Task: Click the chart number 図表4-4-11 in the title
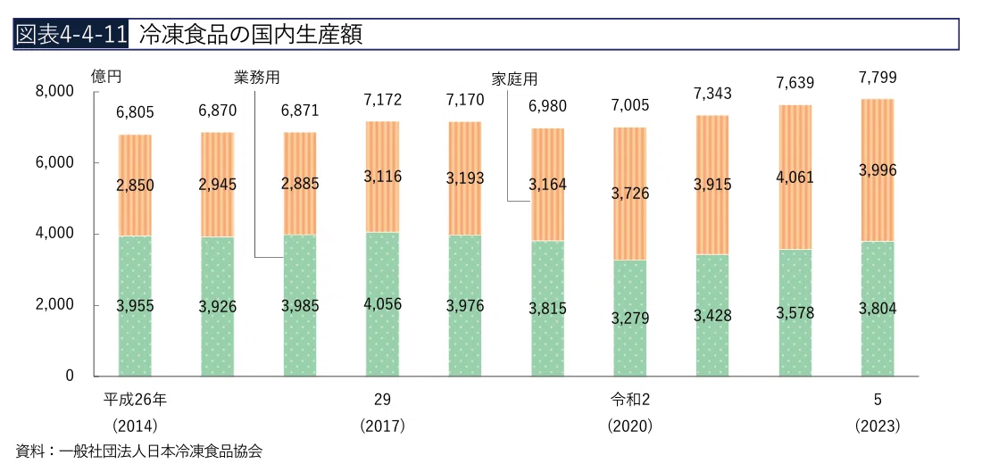pyautogui.click(x=71, y=35)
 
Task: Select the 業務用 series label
pyautogui.click(x=256, y=78)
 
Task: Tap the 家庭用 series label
pyautogui.click(x=515, y=79)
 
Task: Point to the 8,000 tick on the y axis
pyautogui.click(x=56, y=92)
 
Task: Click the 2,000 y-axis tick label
pyautogui.click(x=56, y=305)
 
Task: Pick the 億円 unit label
pyautogui.click(x=105, y=77)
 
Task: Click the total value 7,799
pyautogui.click(x=878, y=78)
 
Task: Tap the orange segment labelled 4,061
pyautogui.click(x=795, y=178)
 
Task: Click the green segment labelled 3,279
pyautogui.click(x=630, y=318)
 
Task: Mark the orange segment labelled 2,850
pyautogui.click(x=136, y=186)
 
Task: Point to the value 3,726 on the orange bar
pyautogui.click(x=630, y=193)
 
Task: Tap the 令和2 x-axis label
pyautogui.click(x=630, y=400)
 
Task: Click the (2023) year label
pyautogui.click(x=878, y=426)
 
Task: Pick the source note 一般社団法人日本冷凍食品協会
pyautogui.click(x=158, y=451)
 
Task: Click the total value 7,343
pyautogui.click(x=712, y=94)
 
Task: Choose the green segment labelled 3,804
pyautogui.click(x=878, y=309)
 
